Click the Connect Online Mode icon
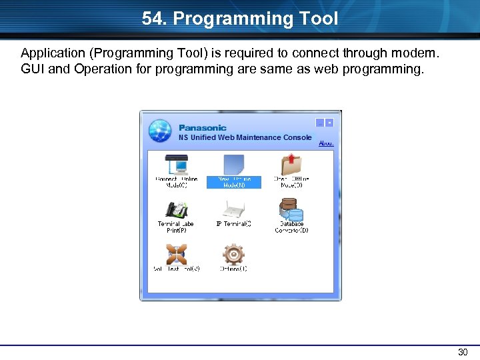[x=176, y=164]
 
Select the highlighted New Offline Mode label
[x=233, y=182]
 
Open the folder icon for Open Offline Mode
[x=291, y=164]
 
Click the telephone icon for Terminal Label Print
[x=176, y=209]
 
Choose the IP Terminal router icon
[x=233, y=209]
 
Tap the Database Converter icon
[x=291, y=211]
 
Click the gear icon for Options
[x=233, y=254]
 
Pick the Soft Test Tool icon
[x=176, y=254]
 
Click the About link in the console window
[x=326, y=143]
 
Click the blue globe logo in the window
[x=161, y=131]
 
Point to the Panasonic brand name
[x=203, y=127]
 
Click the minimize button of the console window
[x=320, y=123]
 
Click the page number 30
[x=463, y=352]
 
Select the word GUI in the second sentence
[x=33, y=68]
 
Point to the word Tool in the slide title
[x=319, y=19]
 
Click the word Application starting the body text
[x=51, y=52]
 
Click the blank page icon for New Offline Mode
[x=233, y=164]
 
